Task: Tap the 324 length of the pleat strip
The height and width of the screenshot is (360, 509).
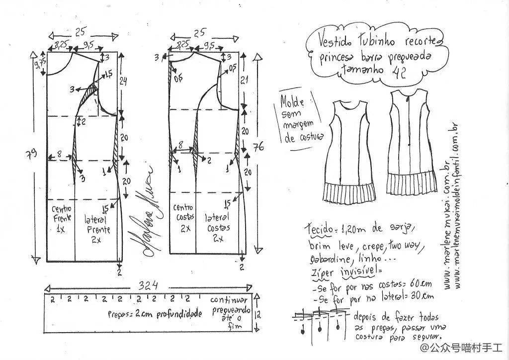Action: [x=148, y=286]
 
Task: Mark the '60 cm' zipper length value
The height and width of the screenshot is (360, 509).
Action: [x=419, y=284]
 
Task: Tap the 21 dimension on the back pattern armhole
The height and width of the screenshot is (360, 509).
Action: [x=244, y=80]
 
